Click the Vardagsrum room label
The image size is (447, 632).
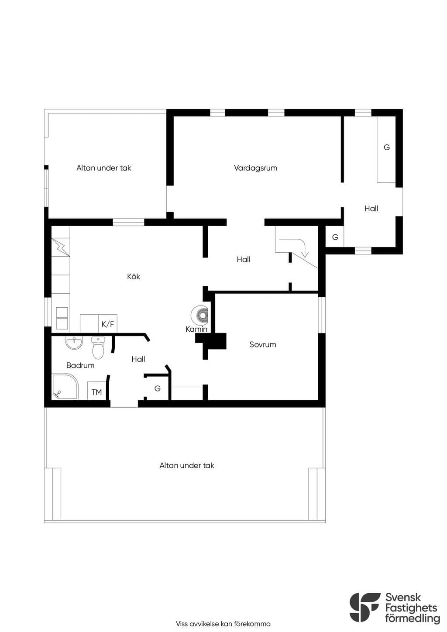255,168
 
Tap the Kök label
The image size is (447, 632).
134,277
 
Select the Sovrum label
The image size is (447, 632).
262,344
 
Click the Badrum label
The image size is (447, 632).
80,365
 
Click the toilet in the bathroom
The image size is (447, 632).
98,347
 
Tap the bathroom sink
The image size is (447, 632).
74,343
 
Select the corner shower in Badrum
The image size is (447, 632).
65,387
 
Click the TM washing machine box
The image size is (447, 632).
97,391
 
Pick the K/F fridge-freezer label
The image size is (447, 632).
108,324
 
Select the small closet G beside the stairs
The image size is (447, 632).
335,237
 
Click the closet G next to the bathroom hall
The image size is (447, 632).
158,388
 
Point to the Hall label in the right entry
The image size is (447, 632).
371,209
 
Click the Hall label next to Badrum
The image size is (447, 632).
138,359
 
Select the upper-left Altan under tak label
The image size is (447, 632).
104,168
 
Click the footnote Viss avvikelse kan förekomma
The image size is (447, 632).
223,624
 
